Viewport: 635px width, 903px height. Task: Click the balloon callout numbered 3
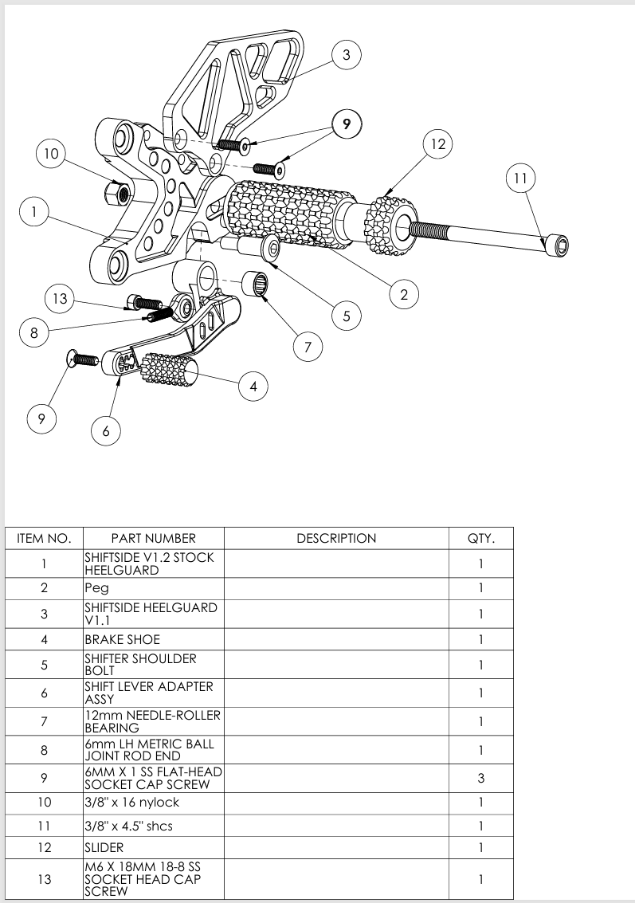pos(346,55)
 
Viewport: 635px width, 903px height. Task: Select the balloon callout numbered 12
pos(437,144)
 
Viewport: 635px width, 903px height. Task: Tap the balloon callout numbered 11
pos(520,179)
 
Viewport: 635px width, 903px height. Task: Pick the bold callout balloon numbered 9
pos(347,124)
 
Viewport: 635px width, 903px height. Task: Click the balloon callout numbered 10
pos(51,155)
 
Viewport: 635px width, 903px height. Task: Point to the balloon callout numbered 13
pos(59,300)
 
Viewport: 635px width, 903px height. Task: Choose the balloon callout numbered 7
pos(308,347)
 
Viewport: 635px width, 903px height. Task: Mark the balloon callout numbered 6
pos(106,431)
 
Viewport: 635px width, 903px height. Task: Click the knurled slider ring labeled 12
pos(388,222)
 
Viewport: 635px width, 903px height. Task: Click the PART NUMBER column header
pos(153,538)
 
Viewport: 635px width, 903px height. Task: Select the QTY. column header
pos(480,538)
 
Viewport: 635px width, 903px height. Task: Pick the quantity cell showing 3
pos(480,778)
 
